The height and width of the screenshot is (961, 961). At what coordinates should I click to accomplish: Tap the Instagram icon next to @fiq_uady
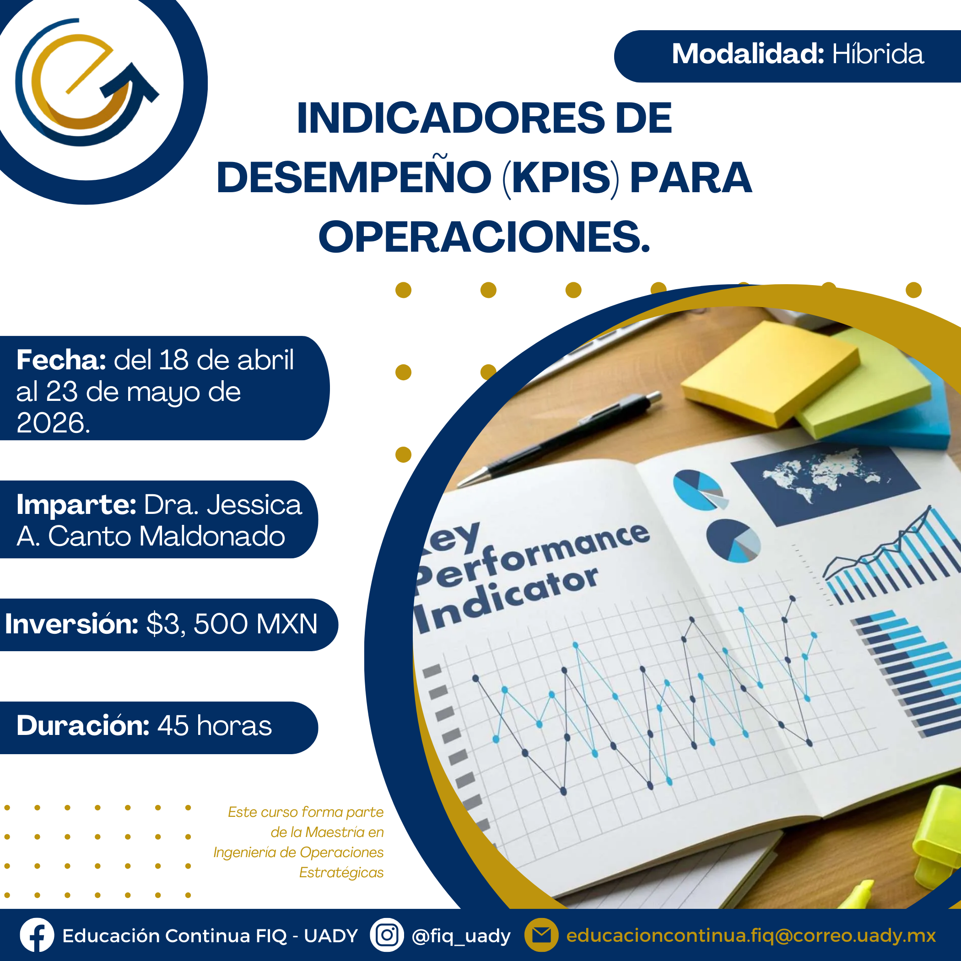click(387, 935)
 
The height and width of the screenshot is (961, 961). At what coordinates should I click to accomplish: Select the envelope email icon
click(542, 935)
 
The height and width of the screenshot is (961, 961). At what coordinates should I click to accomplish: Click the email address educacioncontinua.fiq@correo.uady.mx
click(751, 936)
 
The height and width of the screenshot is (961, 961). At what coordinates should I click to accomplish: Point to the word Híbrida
click(878, 54)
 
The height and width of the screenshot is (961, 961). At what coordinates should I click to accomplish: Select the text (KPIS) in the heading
click(561, 178)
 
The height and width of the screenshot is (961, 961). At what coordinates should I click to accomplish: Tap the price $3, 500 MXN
click(232, 624)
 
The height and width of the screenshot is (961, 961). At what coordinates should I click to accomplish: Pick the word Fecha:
click(61, 360)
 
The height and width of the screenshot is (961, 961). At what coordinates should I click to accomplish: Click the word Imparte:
click(76, 504)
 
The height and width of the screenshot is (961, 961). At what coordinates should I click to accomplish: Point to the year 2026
click(53, 423)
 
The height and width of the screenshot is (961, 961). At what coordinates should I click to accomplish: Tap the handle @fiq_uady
click(461, 936)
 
